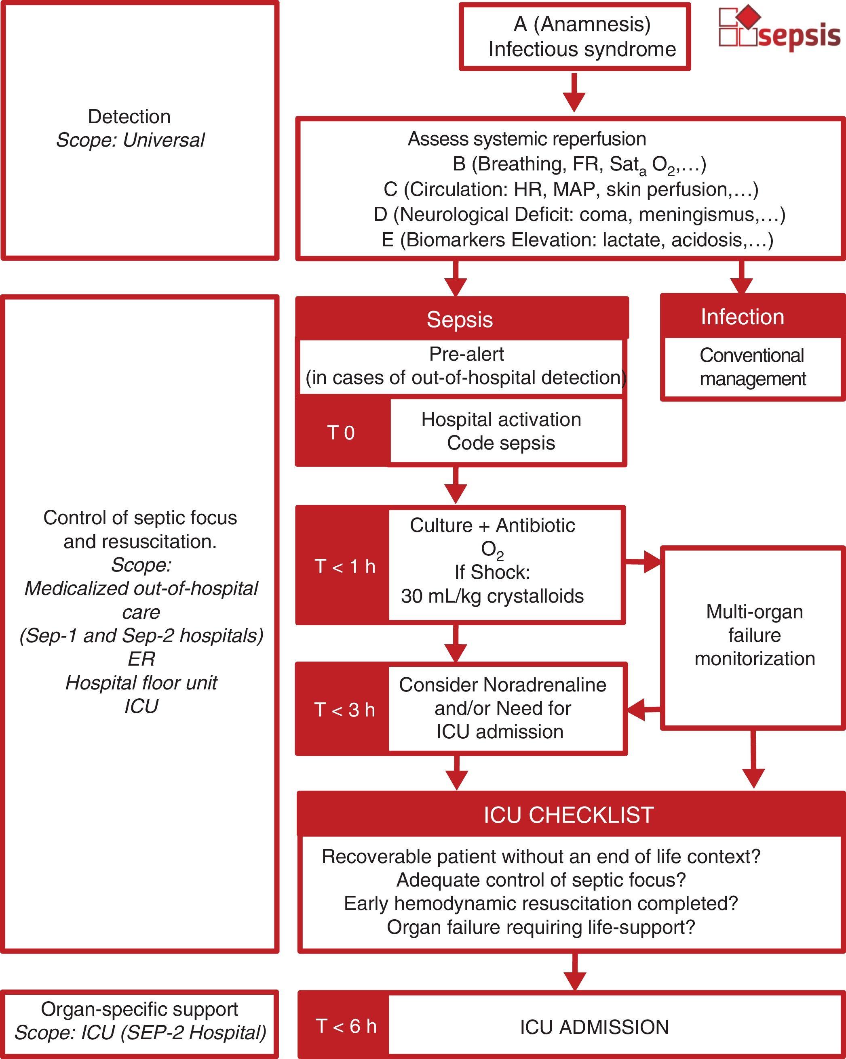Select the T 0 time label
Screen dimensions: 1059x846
[341, 433]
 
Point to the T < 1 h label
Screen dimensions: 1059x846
[345, 566]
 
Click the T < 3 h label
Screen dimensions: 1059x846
[345, 710]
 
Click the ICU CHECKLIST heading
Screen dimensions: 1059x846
[569, 815]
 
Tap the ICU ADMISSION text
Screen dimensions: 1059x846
[594, 1027]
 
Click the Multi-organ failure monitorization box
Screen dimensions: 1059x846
[755, 636]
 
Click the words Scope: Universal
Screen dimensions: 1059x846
[130, 141]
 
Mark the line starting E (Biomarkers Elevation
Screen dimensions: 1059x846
[577, 240]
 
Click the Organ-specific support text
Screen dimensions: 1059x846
[139, 1009]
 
